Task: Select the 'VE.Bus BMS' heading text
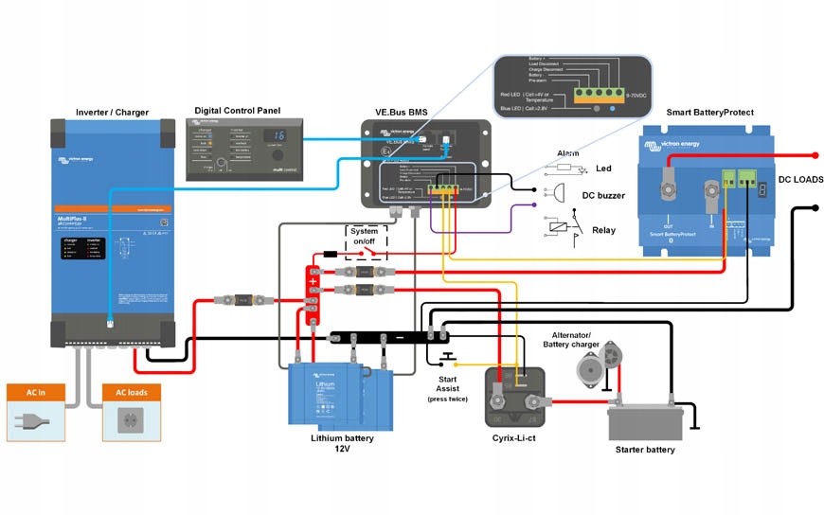pyautogui.click(x=401, y=112)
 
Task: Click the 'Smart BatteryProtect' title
pyautogui.click(x=709, y=112)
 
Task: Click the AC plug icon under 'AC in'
pyautogui.click(x=36, y=420)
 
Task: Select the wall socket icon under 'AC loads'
pyautogui.click(x=131, y=420)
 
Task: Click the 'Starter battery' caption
pyautogui.click(x=645, y=450)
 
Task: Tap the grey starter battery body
pyautogui.click(x=645, y=420)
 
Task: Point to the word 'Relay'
pyautogui.click(x=603, y=230)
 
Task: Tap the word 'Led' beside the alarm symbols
pyautogui.click(x=603, y=169)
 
